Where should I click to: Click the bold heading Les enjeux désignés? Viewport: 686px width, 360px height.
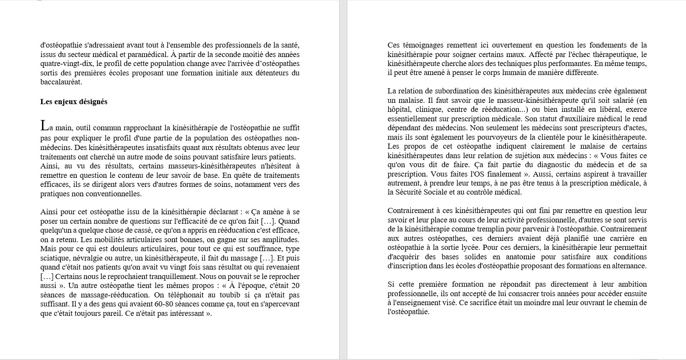point(74,102)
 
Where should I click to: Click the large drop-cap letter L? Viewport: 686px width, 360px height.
point(44,126)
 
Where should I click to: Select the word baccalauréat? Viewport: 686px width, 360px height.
point(60,82)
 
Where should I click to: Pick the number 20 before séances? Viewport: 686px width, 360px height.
point(295,286)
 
